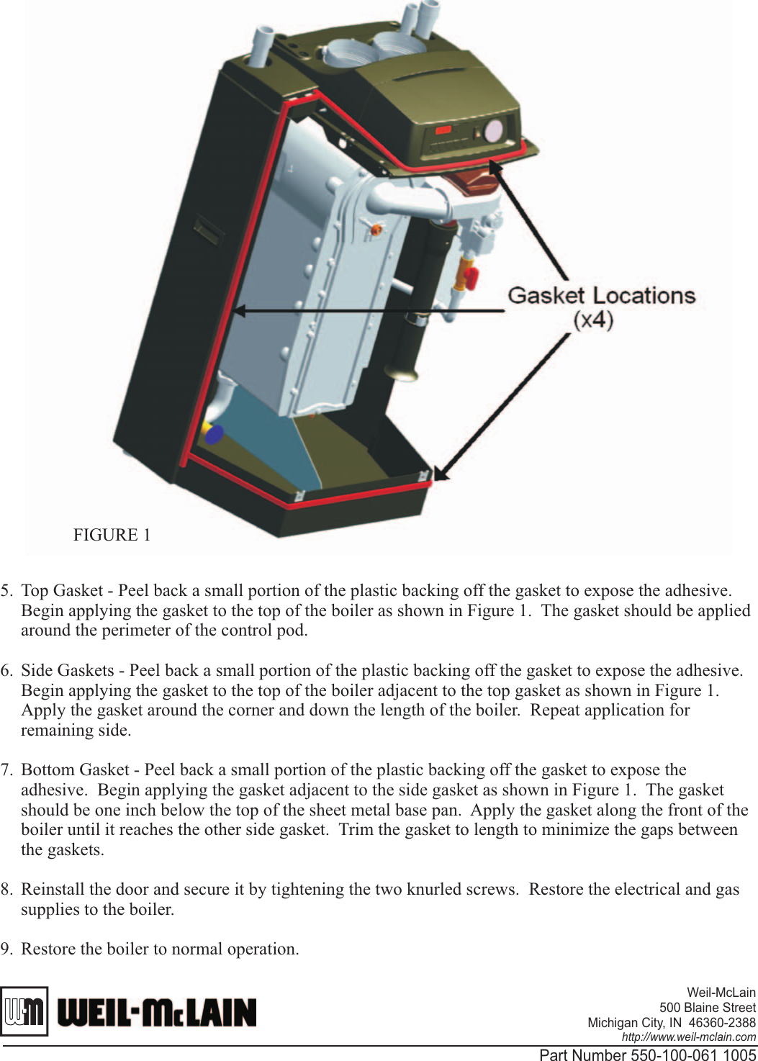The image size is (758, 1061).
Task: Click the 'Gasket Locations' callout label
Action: click(601, 295)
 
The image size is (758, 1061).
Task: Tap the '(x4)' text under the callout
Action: click(593, 319)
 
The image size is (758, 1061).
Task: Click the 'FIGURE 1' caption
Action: click(112, 535)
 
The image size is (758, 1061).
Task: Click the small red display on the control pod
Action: click(443, 130)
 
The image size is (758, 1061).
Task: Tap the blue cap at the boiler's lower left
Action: click(214, 434)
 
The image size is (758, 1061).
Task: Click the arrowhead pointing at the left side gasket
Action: click(240, 311)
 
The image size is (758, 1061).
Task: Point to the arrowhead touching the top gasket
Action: click(495, 168)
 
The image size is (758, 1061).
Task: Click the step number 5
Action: click(6, 591)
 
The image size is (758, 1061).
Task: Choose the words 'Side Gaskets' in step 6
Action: click(68, 671)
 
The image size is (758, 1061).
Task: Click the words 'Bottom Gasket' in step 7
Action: click(75, 770)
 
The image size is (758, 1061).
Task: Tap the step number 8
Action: click(6, 890)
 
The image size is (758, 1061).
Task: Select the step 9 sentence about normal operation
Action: click(160, 949)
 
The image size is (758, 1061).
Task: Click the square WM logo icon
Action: click(24, 1011)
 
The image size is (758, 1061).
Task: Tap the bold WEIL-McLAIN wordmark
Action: click(157, 1012)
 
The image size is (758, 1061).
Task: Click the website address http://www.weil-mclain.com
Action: click(688, 1037)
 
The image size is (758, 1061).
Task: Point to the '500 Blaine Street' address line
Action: click(707, 1008)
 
